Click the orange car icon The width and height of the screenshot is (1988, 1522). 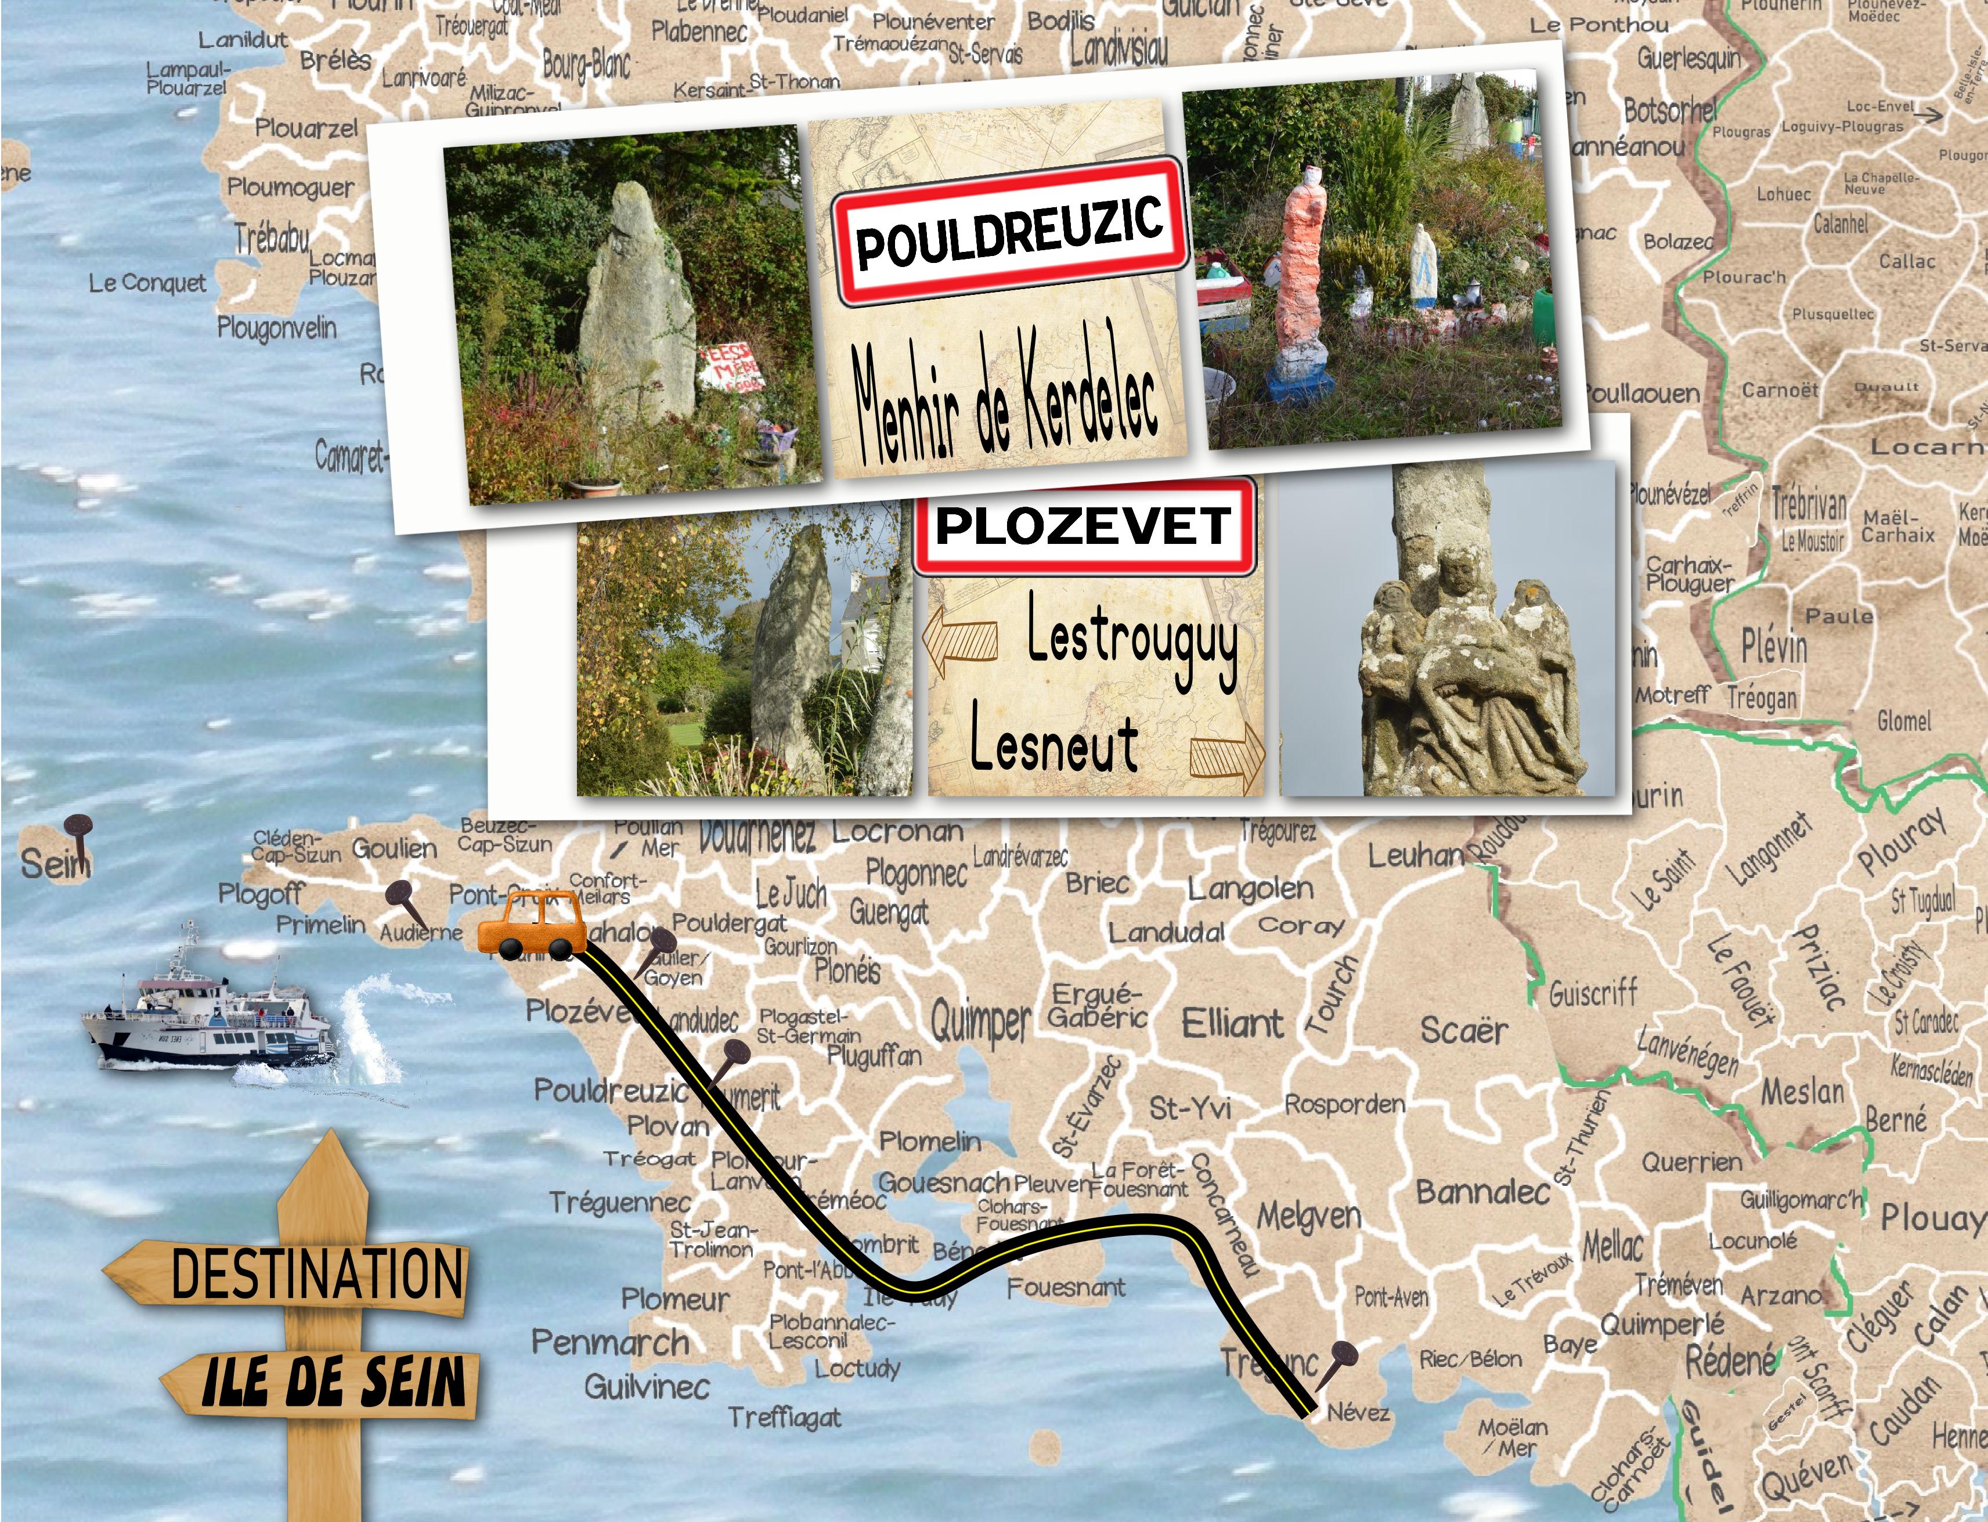point(527,924)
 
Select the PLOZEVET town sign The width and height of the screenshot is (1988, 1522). point(1084,525)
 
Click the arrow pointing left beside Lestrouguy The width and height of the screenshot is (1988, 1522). point(960,639)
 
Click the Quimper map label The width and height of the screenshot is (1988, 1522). point(981,1022)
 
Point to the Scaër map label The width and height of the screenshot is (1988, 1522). point(1464,1030)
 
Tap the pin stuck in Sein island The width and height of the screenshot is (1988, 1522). point(79,835)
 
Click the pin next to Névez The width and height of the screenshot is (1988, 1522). point(1334,1365)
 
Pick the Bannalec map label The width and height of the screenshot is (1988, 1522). point(1482,1192)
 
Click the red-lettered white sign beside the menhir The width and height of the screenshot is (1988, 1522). point(730,367)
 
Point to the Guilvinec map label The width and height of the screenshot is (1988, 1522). point(647,1386)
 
